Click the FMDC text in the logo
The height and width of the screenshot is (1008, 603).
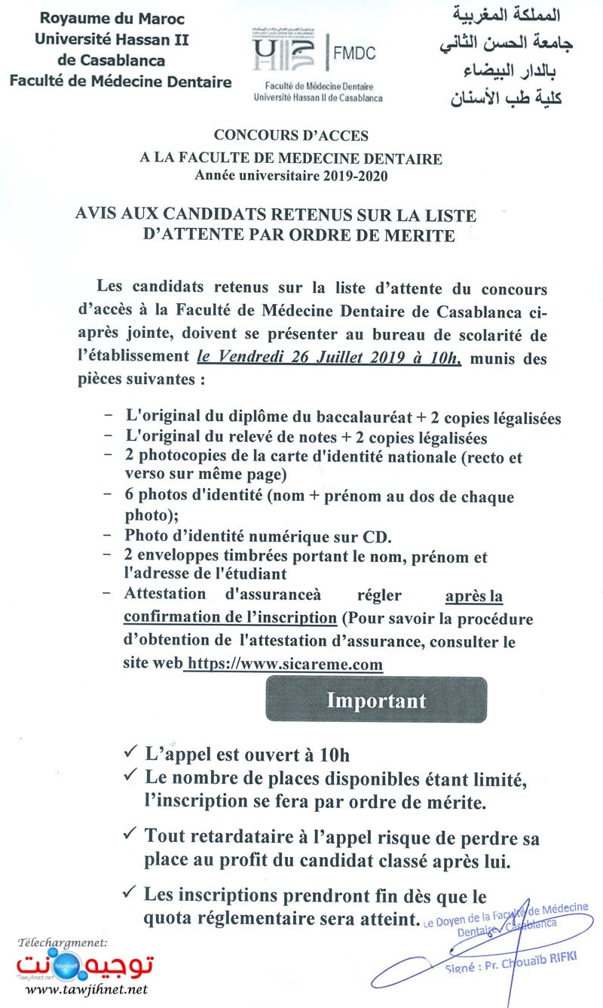354,53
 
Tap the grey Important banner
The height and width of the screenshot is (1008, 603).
376,699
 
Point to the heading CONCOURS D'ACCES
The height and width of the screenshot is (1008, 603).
291,136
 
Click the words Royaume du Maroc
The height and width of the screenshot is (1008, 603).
112,18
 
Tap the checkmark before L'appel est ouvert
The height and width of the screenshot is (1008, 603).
129,752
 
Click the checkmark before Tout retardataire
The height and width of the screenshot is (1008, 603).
129,834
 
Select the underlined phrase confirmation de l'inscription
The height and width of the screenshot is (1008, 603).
230,617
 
